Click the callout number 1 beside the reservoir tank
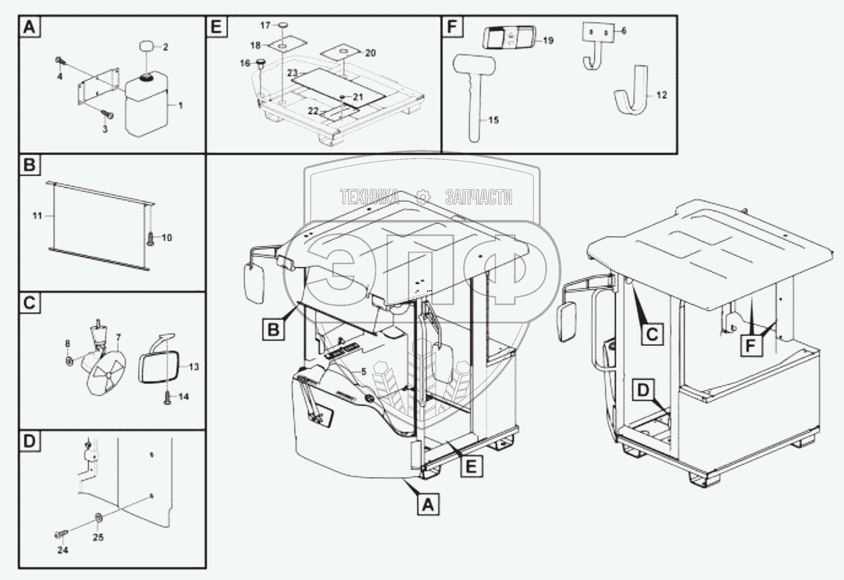click(x=181, y=106)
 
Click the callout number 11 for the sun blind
click(x=37, y=216)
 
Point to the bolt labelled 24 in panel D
click(x=59, y=533)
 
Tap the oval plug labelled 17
click(x=283, y=25)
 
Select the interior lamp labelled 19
click(x=507, y=38)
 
